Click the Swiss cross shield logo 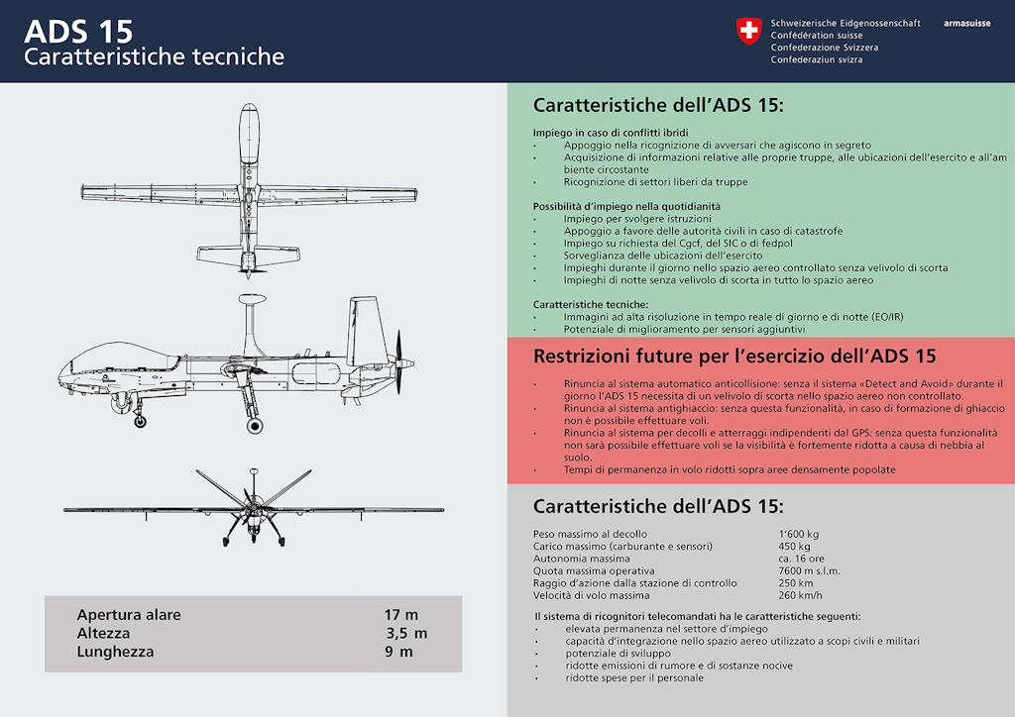point(748,32)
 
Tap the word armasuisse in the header point(966,23)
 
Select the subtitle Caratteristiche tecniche point(154,56)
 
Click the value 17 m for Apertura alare point(401,615)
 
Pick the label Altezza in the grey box point(103,633)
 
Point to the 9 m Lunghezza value point(398,652)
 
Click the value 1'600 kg point(798,534)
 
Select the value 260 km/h point(801,595)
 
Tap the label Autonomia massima point(581,559)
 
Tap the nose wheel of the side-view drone point(140,422)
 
